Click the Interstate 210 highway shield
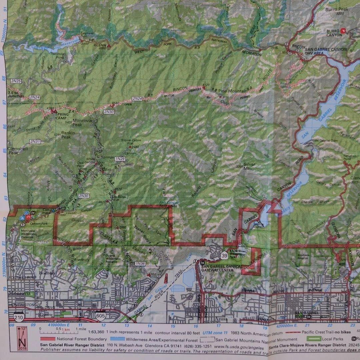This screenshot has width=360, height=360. [19, 318]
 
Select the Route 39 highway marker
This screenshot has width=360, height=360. [224, 256]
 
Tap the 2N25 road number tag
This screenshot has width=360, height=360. [16, 81]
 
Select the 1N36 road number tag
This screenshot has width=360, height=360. [140, 264]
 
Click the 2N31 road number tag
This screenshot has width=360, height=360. [35, 142]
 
